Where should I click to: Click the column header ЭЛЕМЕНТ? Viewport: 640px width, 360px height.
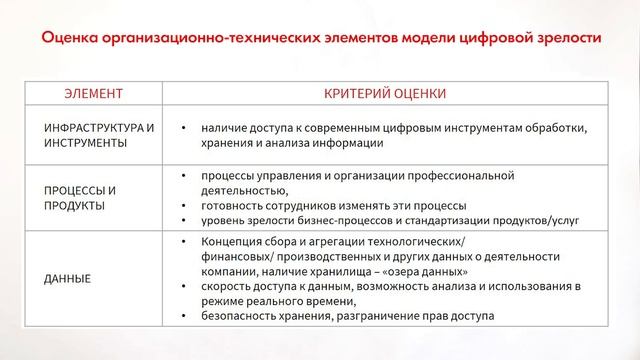pos(93,94)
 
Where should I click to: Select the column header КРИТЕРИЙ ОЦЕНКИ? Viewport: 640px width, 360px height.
pos(385,94)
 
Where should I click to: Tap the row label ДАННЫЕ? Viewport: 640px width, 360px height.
pos(67,278)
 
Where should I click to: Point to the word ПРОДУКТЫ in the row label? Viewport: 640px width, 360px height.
pos(73,204)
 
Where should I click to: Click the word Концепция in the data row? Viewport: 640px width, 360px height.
pos(233,241)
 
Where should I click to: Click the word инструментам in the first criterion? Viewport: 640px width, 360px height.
pos(472,128)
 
